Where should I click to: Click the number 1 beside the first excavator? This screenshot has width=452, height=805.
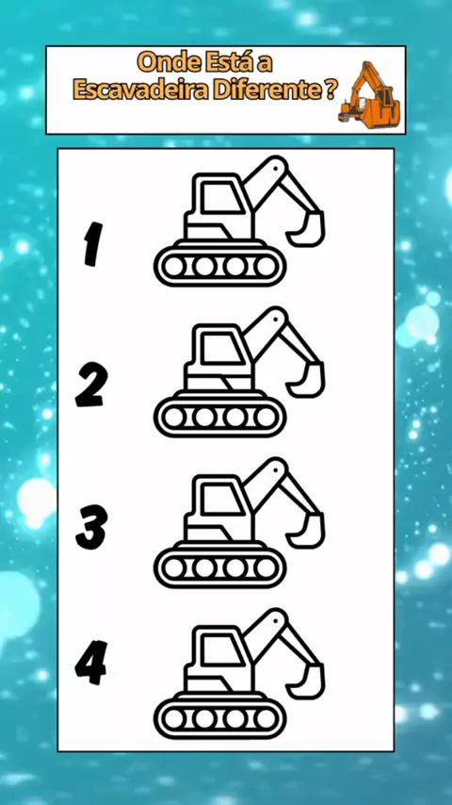[93, 244]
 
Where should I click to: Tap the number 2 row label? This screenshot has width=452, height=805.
[92, 385]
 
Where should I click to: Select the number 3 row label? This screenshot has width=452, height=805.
[91, 527]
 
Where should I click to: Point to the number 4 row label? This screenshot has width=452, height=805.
[90, 663]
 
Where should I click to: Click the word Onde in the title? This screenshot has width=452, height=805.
[169, 63]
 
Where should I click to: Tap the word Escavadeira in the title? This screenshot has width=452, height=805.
[141, 90]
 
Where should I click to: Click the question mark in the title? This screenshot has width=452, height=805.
[331, 90]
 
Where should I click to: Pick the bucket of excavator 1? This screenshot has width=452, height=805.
[308, 229]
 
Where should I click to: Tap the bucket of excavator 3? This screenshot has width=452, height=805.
[308, 531]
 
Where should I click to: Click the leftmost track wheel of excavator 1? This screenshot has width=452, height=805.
[174, 267]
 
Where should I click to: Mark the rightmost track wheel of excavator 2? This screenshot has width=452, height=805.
[266, 418]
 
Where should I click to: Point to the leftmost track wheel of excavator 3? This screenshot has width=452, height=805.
[174, 567]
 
